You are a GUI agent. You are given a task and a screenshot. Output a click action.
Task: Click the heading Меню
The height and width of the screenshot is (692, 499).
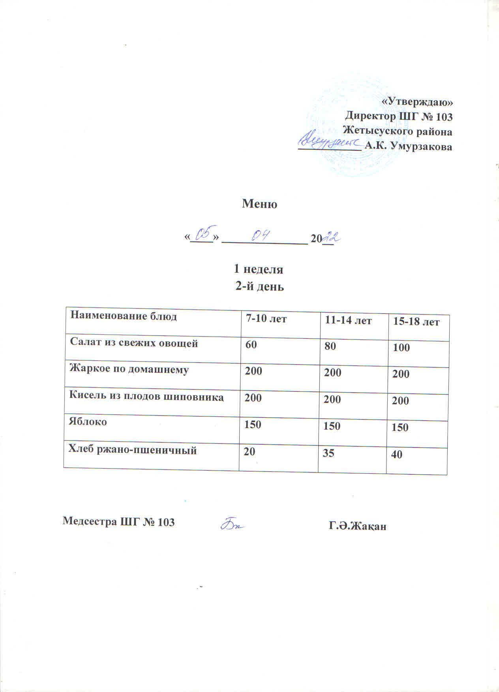point(259,204)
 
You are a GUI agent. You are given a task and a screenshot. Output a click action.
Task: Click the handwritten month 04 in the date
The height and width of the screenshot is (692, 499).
point(261,236)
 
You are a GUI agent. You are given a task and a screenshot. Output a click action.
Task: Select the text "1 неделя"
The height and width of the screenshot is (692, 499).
point(259,269)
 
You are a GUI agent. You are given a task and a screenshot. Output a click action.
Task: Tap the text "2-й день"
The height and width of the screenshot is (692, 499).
point(259,286)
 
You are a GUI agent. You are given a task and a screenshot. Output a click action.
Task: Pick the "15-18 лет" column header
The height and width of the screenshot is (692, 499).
point(416,322)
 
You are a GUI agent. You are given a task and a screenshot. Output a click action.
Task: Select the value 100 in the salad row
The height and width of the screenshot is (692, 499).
point(401,348)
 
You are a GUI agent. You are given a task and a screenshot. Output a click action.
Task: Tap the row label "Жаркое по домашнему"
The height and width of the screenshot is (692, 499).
point(129,370)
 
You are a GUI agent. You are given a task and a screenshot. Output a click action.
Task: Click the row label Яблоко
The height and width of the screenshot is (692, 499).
point(88,422)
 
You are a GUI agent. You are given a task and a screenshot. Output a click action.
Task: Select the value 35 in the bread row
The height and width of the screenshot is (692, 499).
point(329,453)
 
